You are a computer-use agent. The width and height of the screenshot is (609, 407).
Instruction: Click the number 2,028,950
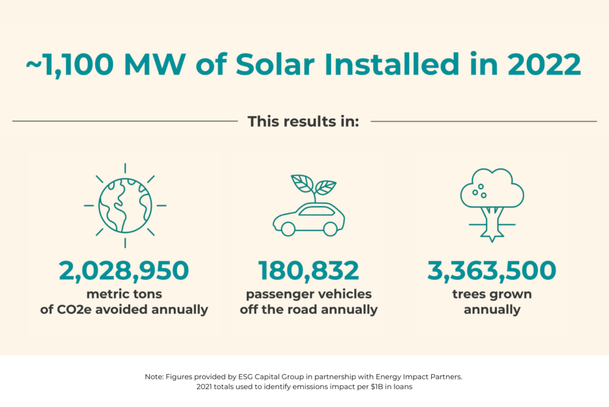pyautogui.click(x=124, y=271)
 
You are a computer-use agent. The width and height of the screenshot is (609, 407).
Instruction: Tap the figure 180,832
pyautogui.click(x=309, y=271)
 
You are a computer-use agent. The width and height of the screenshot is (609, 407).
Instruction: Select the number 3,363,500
pyautogui.click(x=492, y=271)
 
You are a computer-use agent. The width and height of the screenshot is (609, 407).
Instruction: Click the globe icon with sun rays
pyautogui.click(x=125, y=205)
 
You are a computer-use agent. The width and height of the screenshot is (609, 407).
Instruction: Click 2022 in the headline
pyautogui.click(x=543, y=65)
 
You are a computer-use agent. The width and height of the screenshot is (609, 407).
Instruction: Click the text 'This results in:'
pyautogui.click(x=303, y=121)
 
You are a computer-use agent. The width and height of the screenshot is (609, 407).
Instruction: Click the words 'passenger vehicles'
pyautogui.click(x=309, y=295)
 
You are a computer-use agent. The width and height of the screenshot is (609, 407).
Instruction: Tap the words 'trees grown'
pyautogui.click(x=492, y=295)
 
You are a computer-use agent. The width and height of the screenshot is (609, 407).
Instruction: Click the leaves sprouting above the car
pyautogui.click(x=313, y=184)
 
